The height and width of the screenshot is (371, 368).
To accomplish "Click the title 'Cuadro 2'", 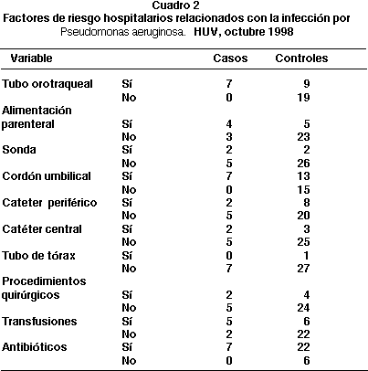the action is [x=176, y=5].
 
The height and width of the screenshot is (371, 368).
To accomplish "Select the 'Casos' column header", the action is [x=230, y=58].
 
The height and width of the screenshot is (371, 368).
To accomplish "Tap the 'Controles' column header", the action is [x=301, y=58].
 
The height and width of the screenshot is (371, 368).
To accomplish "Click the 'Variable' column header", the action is [x=31, y=58].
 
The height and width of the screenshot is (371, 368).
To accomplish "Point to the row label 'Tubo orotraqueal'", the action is [x=47, y=84].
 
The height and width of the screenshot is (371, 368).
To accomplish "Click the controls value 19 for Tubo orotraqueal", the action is [x=303, y=98].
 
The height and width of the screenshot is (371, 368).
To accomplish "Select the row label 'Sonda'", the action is [x=19, y=150].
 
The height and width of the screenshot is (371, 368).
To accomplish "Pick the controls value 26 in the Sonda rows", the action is [x=303, y=164].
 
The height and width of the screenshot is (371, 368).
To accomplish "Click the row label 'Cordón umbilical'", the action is [x=47, y=176].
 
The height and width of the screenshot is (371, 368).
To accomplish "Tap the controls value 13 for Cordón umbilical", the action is [x=303, y=176].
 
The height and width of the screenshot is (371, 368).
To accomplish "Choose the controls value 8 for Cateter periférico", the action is [x=307, y=203].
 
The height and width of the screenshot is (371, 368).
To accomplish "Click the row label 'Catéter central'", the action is [x=42, y=229].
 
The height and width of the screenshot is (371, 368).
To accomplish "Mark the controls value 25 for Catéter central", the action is [x=303, y=242].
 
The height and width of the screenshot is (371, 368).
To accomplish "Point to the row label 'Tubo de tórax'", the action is [x=38, y=255].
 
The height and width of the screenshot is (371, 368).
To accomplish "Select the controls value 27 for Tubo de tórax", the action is [x=303, y=268].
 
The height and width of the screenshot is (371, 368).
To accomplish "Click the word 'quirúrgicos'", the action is [x=30, y=295].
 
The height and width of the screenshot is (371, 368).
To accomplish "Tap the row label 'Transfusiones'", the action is [x=39, y=322].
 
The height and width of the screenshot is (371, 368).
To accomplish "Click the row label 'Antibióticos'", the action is [x=34, y=347].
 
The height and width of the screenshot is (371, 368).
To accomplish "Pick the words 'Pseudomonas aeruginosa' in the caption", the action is [x=123, y=32].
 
